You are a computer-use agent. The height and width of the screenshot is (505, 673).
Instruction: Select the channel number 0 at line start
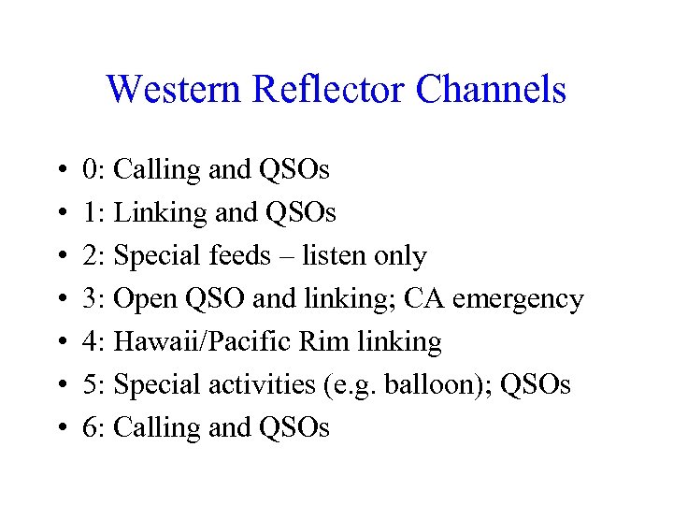[90, 170]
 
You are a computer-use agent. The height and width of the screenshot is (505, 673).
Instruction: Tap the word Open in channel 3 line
[144, 299]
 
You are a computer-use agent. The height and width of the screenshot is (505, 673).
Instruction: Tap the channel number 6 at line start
[90, 428]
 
